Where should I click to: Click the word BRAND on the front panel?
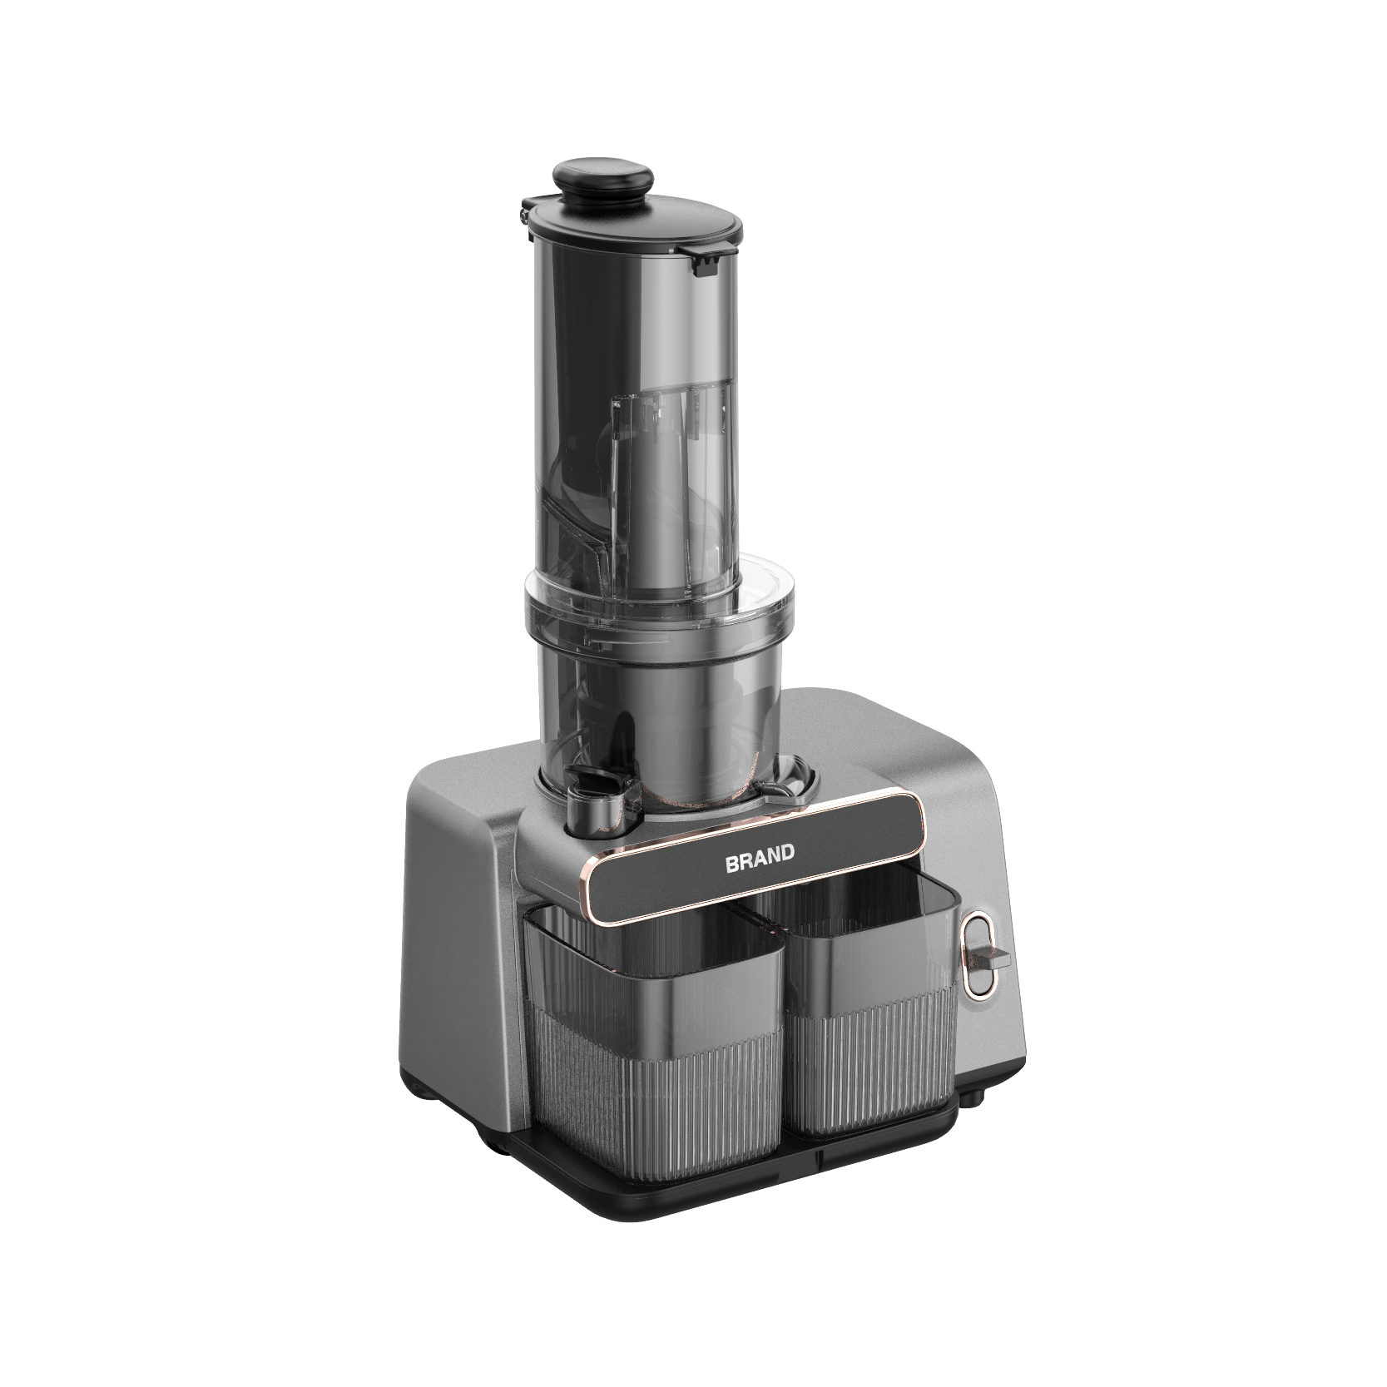[760, 859]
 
